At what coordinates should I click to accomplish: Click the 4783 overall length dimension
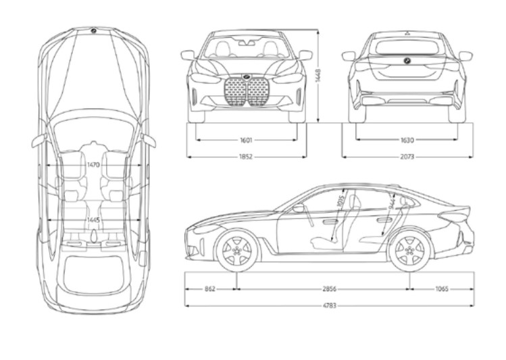pos(330,305)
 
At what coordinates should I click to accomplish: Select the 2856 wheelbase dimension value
pos(330,288)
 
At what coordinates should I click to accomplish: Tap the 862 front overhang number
pos(209,288)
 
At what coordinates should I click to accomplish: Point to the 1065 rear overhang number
pos(442,288)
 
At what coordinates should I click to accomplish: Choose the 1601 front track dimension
pos(246,140)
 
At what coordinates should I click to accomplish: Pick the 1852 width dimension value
pos(246,157)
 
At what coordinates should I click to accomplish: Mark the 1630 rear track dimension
pos(407,140)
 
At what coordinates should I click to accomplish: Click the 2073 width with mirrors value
pos(407,157)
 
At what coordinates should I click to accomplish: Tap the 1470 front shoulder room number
pos(93,164)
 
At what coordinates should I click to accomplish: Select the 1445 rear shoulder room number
pos(93,220)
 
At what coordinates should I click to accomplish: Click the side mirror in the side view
pos(299,209)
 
